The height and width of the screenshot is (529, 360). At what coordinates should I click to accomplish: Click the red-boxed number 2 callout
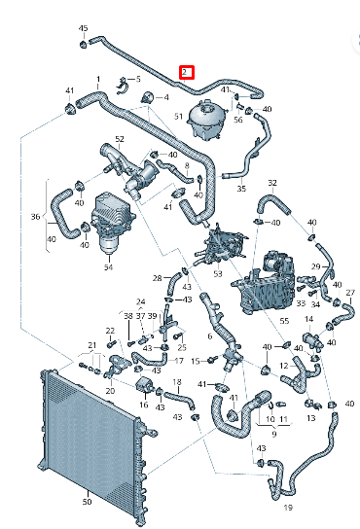coord(187,71)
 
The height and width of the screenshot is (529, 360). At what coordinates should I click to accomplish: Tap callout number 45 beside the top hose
coord(82,28)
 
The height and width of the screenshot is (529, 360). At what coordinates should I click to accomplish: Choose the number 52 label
coord(120,140)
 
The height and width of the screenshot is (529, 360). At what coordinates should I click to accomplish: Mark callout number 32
coord(272,182)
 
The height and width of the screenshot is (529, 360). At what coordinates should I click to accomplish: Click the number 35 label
coord(241,189)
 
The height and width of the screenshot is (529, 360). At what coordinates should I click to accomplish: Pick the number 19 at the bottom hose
coord(288,508)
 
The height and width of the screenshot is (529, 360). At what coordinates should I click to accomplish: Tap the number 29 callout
coord(316,265)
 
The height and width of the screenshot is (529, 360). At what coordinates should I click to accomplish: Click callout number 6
coord(209,337)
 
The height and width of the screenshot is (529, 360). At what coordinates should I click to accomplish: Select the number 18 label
coord(177,382)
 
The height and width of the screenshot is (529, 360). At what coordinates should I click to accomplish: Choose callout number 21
coord(91,345)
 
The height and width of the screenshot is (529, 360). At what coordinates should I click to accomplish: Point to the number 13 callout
coord(311,418)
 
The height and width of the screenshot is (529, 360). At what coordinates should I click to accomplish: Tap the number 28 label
coord(158,278)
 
